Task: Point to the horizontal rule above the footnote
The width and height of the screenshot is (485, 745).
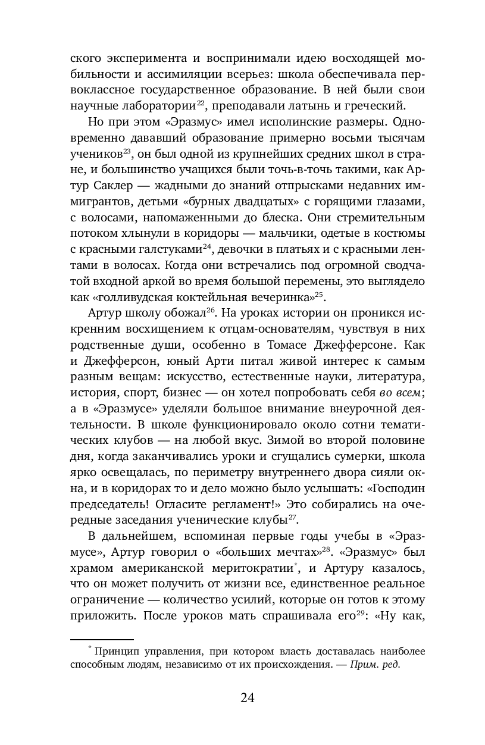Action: [102, 637]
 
